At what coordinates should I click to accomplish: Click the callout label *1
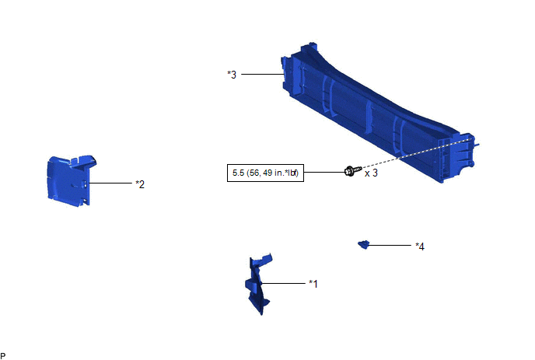[x=313, y=284]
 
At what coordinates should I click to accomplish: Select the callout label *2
[x=140, y=184]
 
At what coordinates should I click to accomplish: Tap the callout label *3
[x=232, y=75]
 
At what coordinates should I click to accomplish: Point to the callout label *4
[x=420, y=246]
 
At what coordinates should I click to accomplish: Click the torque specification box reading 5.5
[x=265, y=173]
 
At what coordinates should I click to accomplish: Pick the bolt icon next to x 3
[x=353, y=170]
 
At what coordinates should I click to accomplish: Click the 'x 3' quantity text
[x=371, y=173]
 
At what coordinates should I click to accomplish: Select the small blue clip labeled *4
[x=363, y=244]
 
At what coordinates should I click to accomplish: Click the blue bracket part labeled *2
[x=71, y=180]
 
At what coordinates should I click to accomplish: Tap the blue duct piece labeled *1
[x=258, y=283]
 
